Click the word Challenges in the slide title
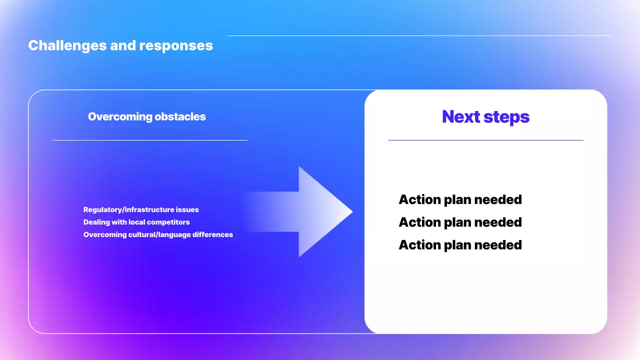tap(67, 45)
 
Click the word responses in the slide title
tap(176, 45)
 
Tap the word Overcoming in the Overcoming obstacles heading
tap(120, 117)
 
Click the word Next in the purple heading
tap(461, 116)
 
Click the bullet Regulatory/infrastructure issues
tap(141, 209)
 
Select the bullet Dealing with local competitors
tap(136, 222)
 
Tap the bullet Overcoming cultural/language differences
tap(158, 235)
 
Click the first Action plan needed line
tap(460, 199)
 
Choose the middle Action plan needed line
tap(460, 222)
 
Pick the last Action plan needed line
tap(460, 245)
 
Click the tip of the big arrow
tap(353, 211)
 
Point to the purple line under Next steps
tap(486, 140)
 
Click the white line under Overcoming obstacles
tap(150, 140)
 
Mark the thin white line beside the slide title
tap(419, 35)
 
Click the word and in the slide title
tap(123, 45)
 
